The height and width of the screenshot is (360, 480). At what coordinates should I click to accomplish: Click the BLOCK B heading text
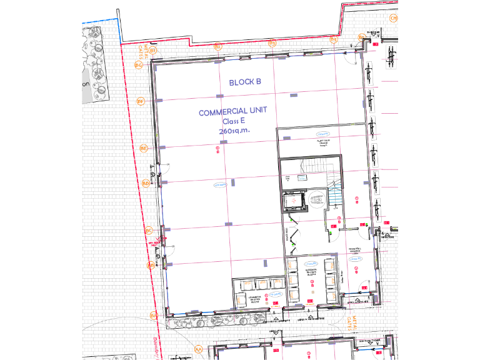pos(244,82)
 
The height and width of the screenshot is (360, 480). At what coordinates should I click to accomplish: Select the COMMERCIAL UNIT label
pos(233,112)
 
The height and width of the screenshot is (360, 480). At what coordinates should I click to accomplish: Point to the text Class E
pos(233,122)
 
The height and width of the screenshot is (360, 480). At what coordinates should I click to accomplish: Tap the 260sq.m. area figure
pos(233,131)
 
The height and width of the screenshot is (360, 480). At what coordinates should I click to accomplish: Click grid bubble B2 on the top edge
pos(218,46)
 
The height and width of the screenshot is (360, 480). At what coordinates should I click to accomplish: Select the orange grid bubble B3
pos(272,43)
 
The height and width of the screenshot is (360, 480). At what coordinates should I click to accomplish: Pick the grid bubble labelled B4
pos(334,40)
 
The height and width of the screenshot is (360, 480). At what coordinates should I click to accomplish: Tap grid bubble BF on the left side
pos(141,101)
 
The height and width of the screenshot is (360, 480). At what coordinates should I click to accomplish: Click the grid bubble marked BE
pos(143,148)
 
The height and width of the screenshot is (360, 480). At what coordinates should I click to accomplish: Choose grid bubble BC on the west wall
pos(149,231)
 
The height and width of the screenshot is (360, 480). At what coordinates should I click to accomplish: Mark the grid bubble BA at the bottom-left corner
pos(153,316)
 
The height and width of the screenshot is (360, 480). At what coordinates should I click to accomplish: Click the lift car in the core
pos(291,201)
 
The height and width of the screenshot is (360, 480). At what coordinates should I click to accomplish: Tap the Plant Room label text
pos(323,143)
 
